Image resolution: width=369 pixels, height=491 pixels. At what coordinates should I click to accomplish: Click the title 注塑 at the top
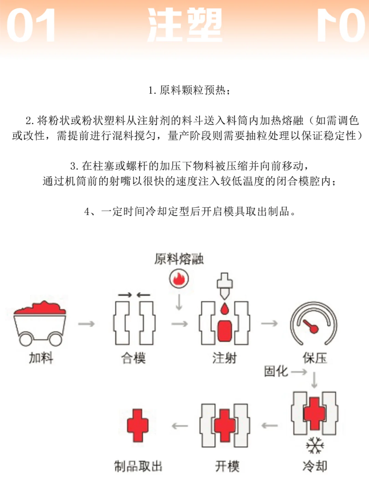pyautogui.click(x=185, y=25)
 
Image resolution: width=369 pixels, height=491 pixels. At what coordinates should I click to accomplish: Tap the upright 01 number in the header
pyautogui.click(x=31, y=26)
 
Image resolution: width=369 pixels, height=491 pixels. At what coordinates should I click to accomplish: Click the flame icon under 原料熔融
pyautogui.click(x=179, y=279)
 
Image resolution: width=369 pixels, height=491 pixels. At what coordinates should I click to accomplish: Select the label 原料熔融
pyautogui.click(x=179, y=259)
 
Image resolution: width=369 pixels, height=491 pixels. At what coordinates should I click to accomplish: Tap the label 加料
pyautogui.click(x=41, y=358)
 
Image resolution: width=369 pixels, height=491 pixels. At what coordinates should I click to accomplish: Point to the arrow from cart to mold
pyautogui.click(x=86, y=324)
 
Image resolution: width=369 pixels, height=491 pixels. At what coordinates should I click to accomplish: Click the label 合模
pyautogui.click(x=134, y=358)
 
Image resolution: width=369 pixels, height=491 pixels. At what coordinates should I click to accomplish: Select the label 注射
pyautogui.click(x=224, y=358)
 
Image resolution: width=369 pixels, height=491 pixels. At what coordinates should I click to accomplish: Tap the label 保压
pyautogui.click(x=315, y=358)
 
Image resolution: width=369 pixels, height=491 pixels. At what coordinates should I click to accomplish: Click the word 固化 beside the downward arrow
pyautogui.click(x=276, y=371)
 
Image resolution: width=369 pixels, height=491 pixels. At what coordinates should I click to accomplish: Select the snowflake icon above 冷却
pyautogui.click(x=315, y=445)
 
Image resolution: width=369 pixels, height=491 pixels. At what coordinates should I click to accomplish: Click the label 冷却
pyautogui.click(x=315, y=466)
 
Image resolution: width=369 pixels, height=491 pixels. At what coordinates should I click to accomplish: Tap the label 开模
pyautogui.click(x=227, y=466)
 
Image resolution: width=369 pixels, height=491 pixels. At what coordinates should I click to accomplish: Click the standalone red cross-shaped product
pyautogui.click(x=138, y=426)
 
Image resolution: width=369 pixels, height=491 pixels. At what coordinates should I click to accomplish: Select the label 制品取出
pyautogui.click(x=138, y=466)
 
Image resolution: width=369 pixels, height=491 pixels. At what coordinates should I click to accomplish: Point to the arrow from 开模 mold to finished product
pyautogui.click(x=180, y=426)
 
